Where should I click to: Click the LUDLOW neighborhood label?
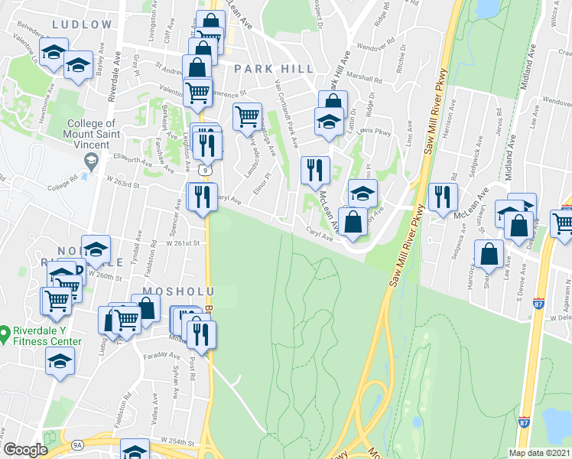pyautogui.click(x=82, y=24)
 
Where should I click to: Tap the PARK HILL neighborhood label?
pyautogui.click(x=274, y=69)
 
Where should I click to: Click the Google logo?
pyautogui.click(x=25, y=450)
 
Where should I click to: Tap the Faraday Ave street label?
pyautogui.click(x=163, y=356)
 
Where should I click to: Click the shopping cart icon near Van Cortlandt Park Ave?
pyautogui.click(x=247, y=117)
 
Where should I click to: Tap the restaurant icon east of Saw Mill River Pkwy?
pyautogui.click(x=443, y=197)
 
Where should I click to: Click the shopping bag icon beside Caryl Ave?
pyautogui.click(x=353, y=222)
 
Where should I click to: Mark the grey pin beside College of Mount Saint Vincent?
pyautogui.click(x=92, y=160)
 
